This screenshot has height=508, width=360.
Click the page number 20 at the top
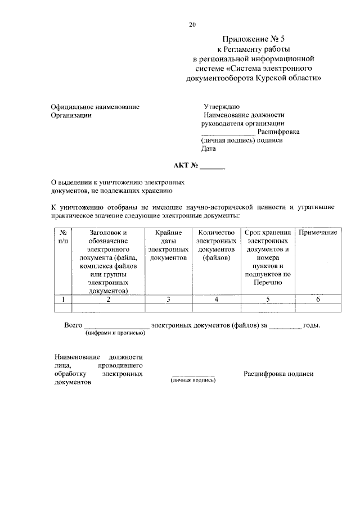click(192, 25)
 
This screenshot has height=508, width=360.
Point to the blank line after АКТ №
click(212, 167)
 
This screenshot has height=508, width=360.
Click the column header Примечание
click(318, 232)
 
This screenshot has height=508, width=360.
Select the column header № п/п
click(64, 237)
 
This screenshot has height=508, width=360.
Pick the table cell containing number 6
click(318, 300)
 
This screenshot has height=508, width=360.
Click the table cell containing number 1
click(64, 300)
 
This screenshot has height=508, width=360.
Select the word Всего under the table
click(73, 325)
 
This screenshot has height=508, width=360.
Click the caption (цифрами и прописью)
click(115, 333)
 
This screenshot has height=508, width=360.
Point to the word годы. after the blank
click(312, 325)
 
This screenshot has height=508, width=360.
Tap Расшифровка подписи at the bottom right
click(278, 374)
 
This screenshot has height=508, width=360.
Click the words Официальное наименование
click(94, 106)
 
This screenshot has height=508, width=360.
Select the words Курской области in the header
click(293, 79)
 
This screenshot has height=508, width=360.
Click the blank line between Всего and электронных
click(116, 326)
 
